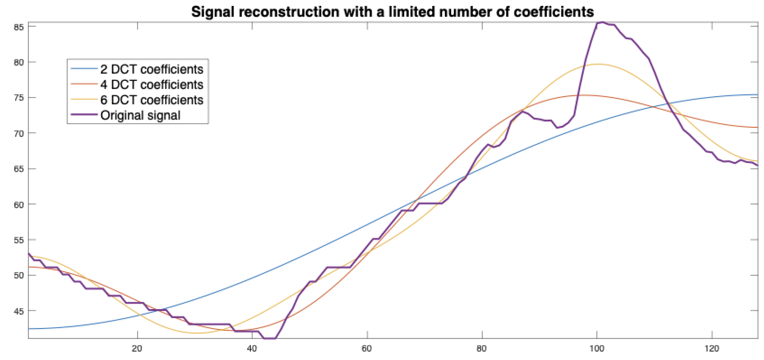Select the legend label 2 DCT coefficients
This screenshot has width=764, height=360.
pyautogui.click(x=152, y=69)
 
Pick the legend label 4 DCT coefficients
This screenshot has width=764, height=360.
pyautogui.click(x=152, y=85)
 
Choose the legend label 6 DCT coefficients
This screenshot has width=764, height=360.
pyautogui.click(x=152, y=100)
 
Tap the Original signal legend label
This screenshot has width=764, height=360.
pyautogui.click(x=140, y=115)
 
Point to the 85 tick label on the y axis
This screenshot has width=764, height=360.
pyautogui.click(x=19, y=27)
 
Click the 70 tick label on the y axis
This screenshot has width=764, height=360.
pyautogui.click(x=19, y=133)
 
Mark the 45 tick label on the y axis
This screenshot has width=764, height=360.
pyautogui.click(x=19, y=311)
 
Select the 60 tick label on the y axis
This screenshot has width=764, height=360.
pyautogui.click(x=19, y=205)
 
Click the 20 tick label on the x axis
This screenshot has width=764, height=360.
pyautogui.click(x=137, y=349)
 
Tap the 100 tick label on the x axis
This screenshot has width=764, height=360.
pyautogui.click(x=597, y=349)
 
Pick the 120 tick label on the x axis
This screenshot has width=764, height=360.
pyautogui.click(x=712, y=349)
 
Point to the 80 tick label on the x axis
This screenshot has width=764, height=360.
pyautogui.click(x=482, y=349)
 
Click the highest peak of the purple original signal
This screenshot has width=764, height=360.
pyautogui.click(x=602, y=22)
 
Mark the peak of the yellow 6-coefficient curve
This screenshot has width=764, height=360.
pyautogui.click(x=597, y=64)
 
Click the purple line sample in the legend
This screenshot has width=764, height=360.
pyautogui.click(x=84, y=115)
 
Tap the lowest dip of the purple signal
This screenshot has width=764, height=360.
pyautogui.click(x=270, y=338)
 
